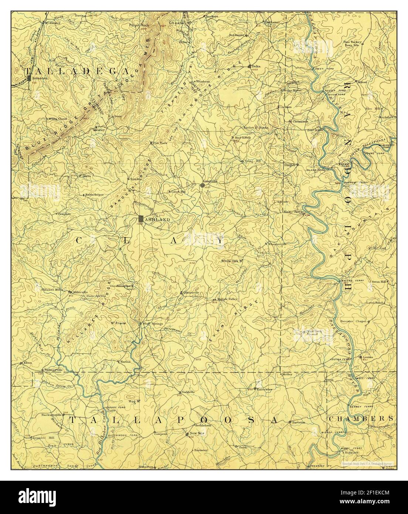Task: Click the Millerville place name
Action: (79, 292)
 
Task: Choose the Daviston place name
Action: (299, 422)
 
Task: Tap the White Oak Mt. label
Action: (231, 261)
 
